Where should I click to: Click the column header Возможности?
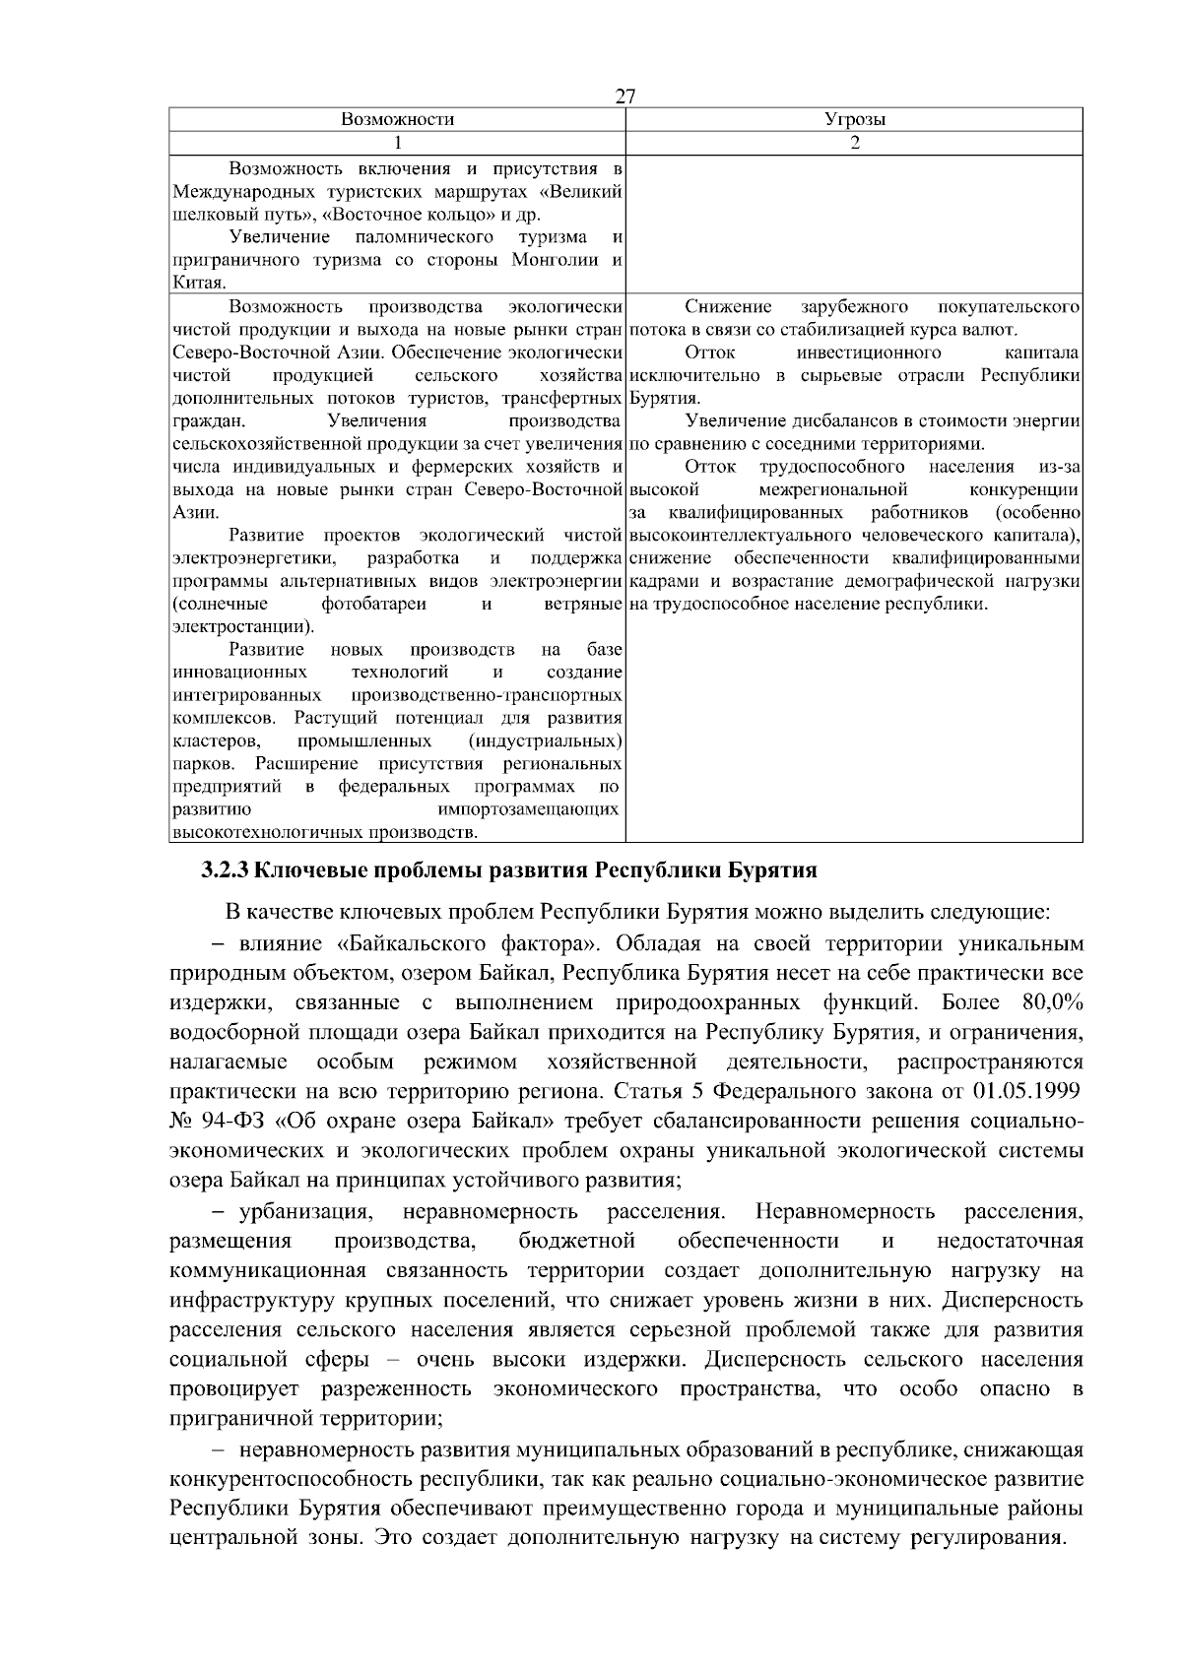point(397,120)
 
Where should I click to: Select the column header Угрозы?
point(854,120)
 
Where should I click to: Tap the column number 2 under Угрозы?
point(854,143)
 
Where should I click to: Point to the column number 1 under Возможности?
point(397,143)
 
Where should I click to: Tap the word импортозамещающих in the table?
point(528,810)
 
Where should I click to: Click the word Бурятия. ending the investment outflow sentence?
point(665,399)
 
